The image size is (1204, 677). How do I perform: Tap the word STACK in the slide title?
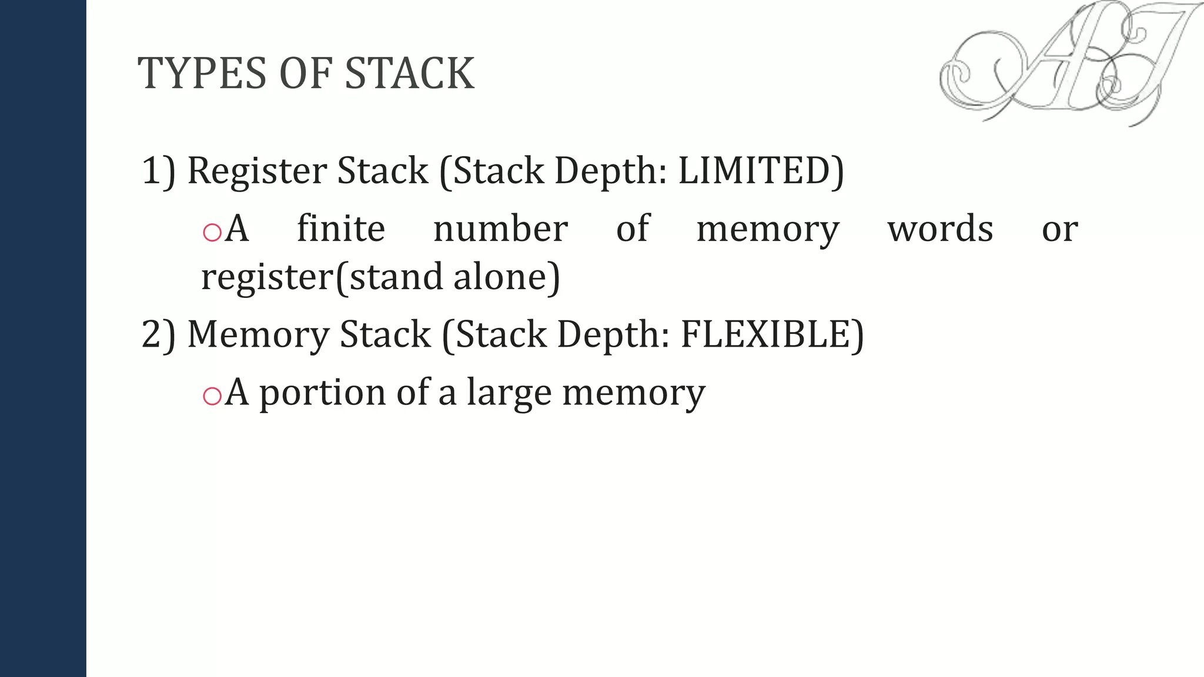pos(409,73)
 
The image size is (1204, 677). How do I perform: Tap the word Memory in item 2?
pos(258,334)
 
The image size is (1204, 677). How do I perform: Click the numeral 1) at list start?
pos(158,171)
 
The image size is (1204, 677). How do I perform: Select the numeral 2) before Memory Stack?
pos(158,334)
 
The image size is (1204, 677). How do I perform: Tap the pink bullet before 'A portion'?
pos(212,396)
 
